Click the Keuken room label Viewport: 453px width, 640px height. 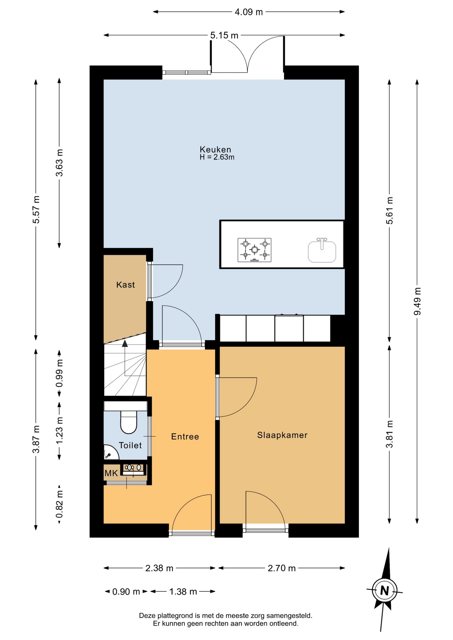[x=215, y=149]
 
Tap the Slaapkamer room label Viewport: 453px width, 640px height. [x=282, y=435]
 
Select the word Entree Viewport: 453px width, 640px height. [x=185, y=437]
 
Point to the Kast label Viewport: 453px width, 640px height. [x=125, y=285]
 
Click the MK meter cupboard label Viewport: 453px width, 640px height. [x=111, y=473]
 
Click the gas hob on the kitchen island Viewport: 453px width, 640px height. [x=255, y=250]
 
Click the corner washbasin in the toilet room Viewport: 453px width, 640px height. [x=111, y=453]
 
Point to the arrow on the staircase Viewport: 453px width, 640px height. [x=125, y=358]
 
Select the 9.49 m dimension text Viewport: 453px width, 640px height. [x=417, y=301]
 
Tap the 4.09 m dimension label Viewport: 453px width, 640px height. [x=249, y=12]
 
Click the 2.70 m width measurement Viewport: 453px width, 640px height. [x=282, y=568]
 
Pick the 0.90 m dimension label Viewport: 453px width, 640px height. [x=126, y=592]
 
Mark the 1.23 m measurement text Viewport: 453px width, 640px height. [x=59, y=431]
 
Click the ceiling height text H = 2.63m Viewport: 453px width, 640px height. [x=217, y=157]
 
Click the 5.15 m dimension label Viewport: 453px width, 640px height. [x=224, y=35]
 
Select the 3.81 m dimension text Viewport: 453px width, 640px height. [x=389, y=434]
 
